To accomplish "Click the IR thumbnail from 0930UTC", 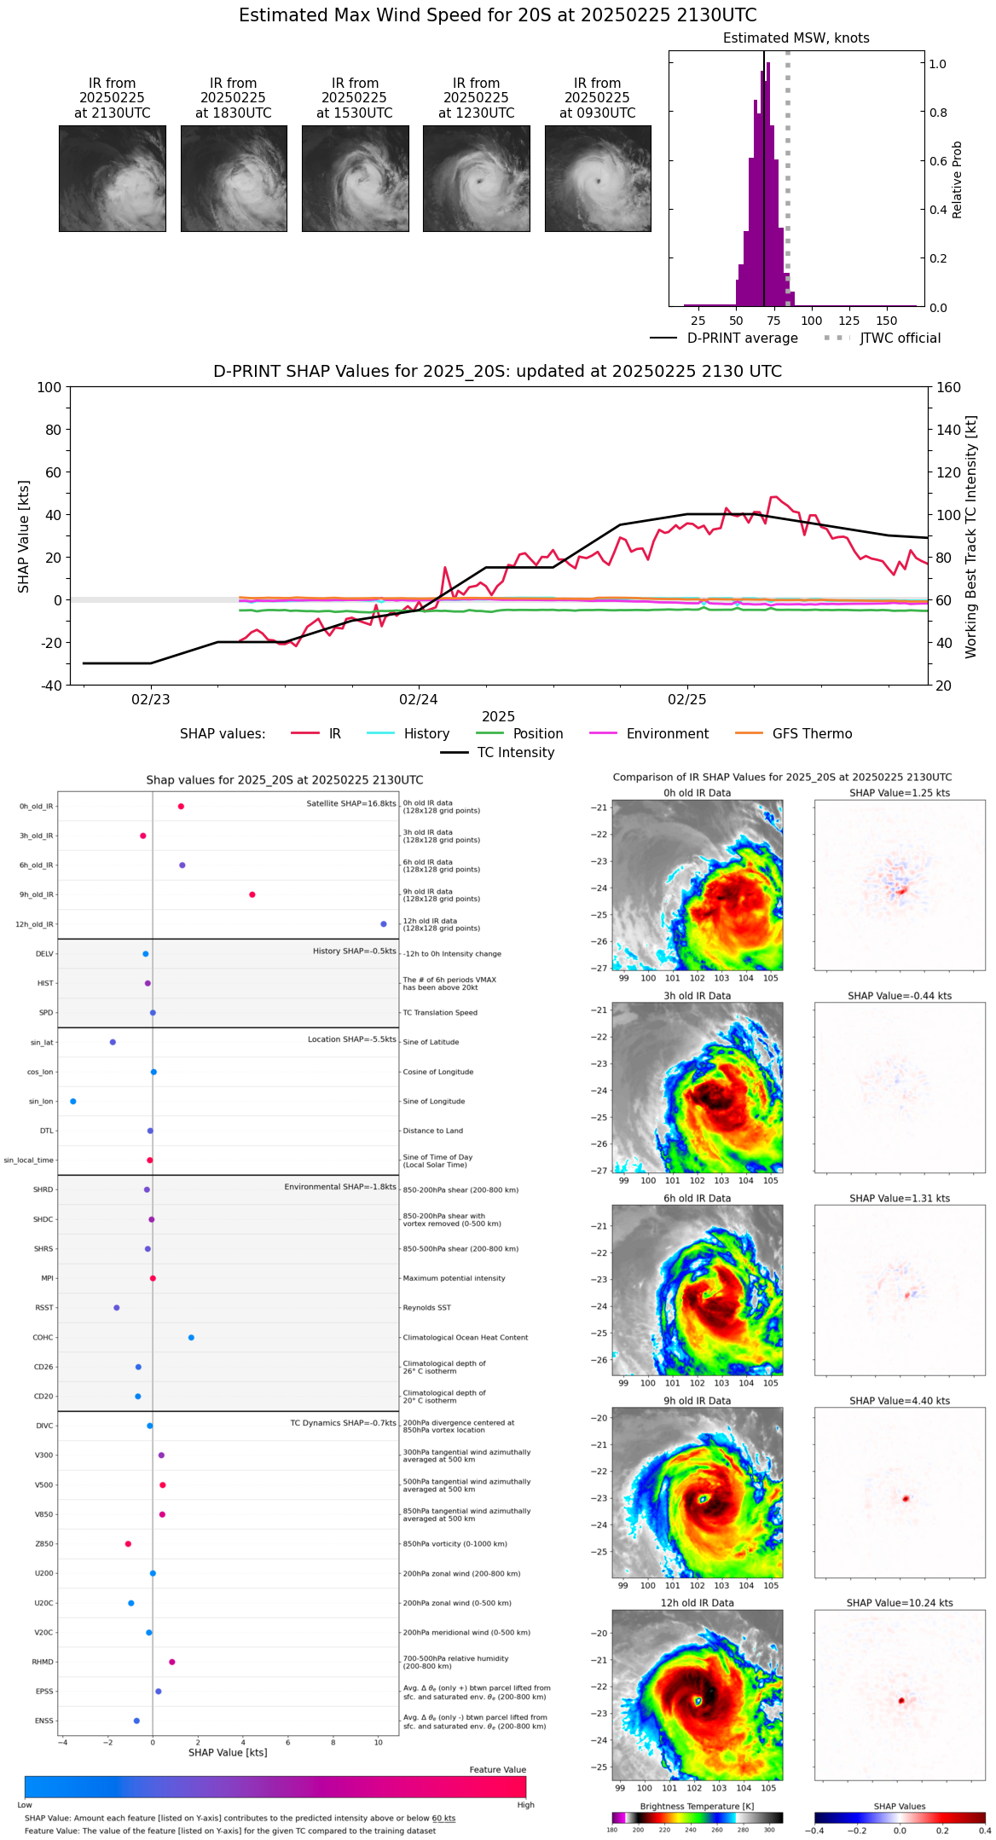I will (x=598, y=178).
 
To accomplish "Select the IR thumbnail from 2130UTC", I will (x=113, y=178).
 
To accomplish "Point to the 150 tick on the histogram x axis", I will (x=887, y=321).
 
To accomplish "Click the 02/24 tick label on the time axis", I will (x=419, y=699).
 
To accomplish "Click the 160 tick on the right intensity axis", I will (x=949, y=387).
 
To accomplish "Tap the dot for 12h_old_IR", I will (x=384, y=924).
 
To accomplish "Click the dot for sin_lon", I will (x=73, y=1102).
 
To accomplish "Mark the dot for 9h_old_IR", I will (x=252, y=894).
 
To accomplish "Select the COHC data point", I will (x=191, y=1338).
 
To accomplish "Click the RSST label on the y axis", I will (x=44, y=1308).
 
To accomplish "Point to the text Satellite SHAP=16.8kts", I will (x=351, y=804).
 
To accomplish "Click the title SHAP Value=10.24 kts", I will (x=899, y=1603).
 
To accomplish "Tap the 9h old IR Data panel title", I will (x=697, y=1401).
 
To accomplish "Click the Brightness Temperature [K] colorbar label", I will (x=690, y=1806).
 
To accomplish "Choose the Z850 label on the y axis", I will (x=44, y=1544).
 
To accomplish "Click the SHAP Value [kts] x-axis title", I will (x=228, y=1752).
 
